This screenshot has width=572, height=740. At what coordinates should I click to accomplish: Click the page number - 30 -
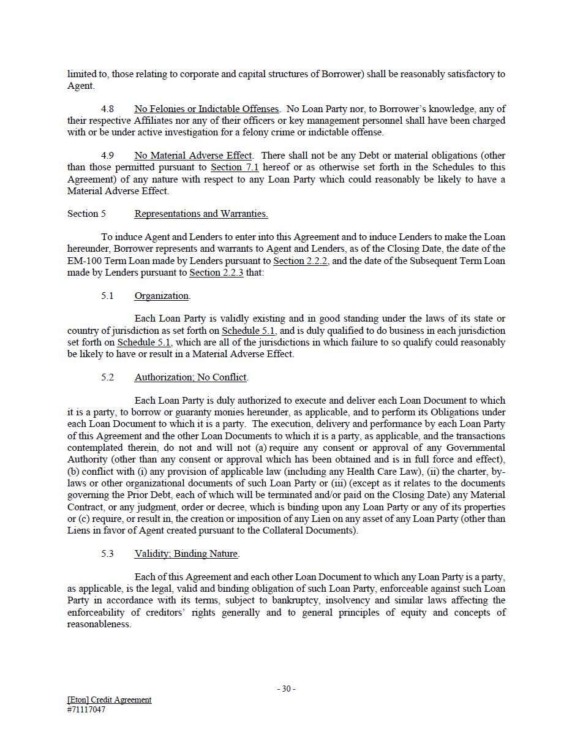(x=286, y=689)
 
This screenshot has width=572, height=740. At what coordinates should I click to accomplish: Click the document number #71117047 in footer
(x=86, y=710)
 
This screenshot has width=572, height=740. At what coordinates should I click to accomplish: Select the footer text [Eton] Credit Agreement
(x=109, y=700)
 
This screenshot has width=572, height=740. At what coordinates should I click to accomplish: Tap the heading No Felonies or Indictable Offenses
(x=206, y=109)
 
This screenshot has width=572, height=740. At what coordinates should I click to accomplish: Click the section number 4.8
(x=108, y=109)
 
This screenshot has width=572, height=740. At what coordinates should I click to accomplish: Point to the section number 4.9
(x=108, y=156)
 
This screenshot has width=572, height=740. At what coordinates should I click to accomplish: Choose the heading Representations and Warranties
(x=201, y=214)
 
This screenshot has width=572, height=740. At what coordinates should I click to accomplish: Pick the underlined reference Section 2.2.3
(x=216, y=273)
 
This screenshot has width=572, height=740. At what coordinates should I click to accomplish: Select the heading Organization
(x=162, y=296)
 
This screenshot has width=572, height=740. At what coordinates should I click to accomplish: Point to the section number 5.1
(x=108, y=296)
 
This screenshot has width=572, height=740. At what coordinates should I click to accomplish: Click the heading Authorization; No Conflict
(x=190, y=377)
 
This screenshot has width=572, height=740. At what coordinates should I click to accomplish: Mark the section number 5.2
(x=108, y=377)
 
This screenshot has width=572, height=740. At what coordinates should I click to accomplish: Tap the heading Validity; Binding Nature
(x=186, y=554)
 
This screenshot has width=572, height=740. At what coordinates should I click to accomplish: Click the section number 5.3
(x=108, y=554)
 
